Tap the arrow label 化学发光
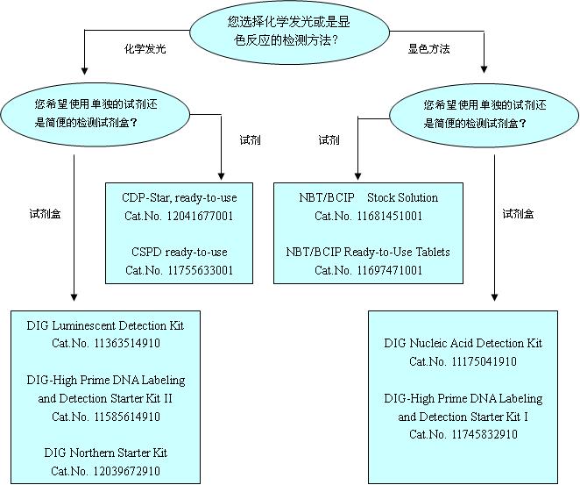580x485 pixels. [x=145, y=50]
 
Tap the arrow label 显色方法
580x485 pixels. [x=429, y=50]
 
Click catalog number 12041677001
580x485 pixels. [x=180, y=215]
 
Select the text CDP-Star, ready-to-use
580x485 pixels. [x=180, y=197]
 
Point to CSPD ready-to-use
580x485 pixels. [x=180, y=253]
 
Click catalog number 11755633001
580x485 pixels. [x=180, y=270]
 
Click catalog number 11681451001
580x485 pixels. [x=368, y=215]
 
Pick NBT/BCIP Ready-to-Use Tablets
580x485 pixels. [x=368, y=253]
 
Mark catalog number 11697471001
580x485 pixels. [x=368, y=270]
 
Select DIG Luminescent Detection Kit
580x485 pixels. [x=106, y=325]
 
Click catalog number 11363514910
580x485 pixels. [x=106, y=343]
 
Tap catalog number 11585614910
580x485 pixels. [x=106, y=417]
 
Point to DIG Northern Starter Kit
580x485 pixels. [x=106, y=453]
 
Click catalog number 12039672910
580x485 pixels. [x=106, y=472]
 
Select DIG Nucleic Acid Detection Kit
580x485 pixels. [x=463, y=343]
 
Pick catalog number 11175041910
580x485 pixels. [x=463, y=361]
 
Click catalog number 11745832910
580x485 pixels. [x=463, y=434]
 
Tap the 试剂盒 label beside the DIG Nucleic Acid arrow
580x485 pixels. [x=519, y=213]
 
